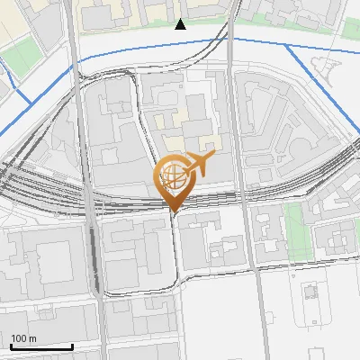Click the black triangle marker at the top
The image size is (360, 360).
(180, 23)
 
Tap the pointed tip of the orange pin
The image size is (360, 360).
(174, 212)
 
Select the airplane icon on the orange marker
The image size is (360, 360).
(200, 164)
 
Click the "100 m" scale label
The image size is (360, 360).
(23, 338)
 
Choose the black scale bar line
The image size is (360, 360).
(41, 346)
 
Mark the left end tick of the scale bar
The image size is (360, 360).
(11, 346)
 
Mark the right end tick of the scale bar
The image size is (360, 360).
(72, 346)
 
